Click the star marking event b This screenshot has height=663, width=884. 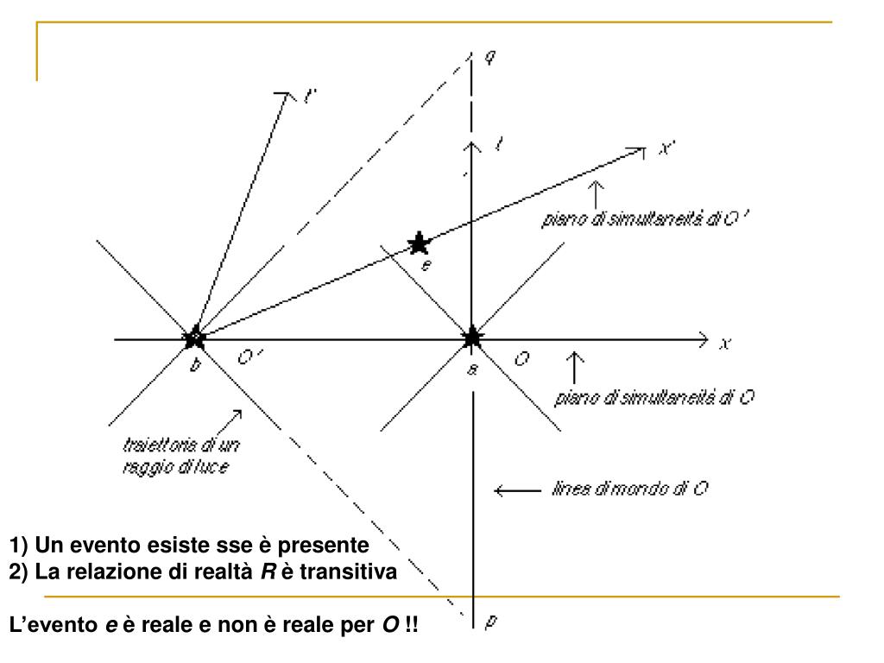(195, 337)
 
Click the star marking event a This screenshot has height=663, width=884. (472, 337)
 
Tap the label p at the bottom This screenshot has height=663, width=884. (491, 620)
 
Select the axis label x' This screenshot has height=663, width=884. (666, 148)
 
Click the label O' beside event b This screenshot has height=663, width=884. (247, 360)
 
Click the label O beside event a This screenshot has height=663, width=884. (521, 359)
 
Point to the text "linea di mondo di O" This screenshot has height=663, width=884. (629, 489)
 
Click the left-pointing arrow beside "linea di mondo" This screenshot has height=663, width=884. (515, 491)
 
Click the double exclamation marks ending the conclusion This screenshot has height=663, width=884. (408, 623)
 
